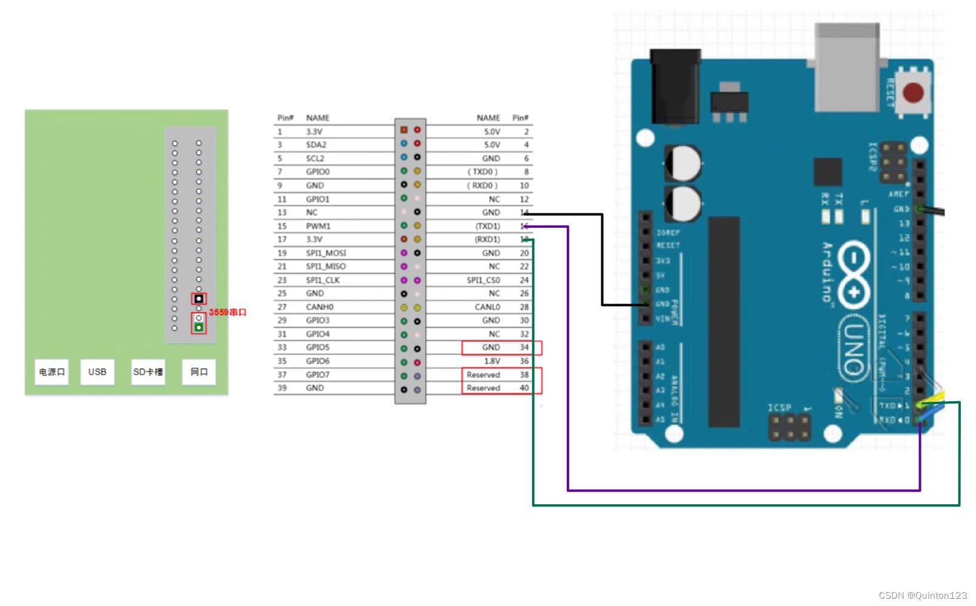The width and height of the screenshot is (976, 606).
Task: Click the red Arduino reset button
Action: click(x=913, y=93)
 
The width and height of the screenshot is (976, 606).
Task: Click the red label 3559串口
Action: click(x=228, y=313)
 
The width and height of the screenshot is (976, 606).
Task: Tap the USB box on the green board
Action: click(x=97, y=372)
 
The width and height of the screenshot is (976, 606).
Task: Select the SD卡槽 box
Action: click(x=148, y=372)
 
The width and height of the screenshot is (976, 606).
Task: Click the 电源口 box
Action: click(x=52, y=372)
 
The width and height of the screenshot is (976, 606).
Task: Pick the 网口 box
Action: click(x=199, y=372)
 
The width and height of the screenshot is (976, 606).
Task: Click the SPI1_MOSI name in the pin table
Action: click(x=326, y=253)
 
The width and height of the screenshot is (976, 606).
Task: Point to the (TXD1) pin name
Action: click(x=487, y=226)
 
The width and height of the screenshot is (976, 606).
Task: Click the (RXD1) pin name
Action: click(x=487, y=239)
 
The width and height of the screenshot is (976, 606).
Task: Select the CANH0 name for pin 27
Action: click(x=319, y=307)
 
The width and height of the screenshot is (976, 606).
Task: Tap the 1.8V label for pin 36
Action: click(x=492, y=361)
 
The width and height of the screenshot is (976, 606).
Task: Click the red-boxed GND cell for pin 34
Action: click(x=491, y=348)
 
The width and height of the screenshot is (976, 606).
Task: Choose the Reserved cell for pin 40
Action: click(x=483, y=388)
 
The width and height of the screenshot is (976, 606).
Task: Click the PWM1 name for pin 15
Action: click(x=318, y=226)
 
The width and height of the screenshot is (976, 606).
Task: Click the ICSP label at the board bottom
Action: click(x=779, y=407)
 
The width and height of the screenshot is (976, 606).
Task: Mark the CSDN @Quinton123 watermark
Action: click(x=922, y=596)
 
